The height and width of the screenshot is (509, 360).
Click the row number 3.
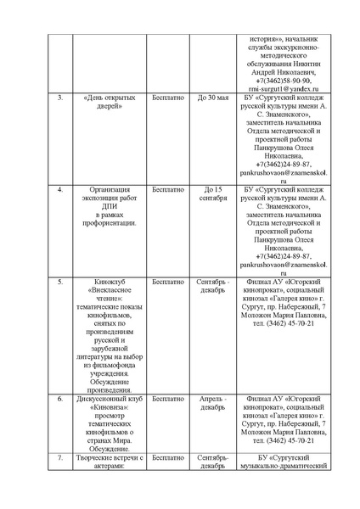coord(59,98)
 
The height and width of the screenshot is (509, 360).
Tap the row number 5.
coord(59,279)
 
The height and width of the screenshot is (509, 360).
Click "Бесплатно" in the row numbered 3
coord(168,98)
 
